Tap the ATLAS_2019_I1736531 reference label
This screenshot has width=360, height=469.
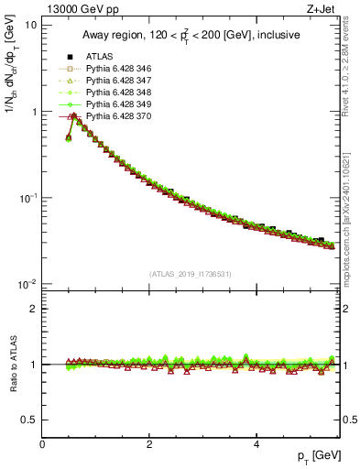[x=190, y=275]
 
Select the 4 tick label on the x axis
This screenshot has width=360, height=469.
[x=256, y=444]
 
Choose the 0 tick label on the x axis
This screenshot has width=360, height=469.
[x=42, y=444]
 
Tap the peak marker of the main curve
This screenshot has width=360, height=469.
[x=73, y=116]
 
